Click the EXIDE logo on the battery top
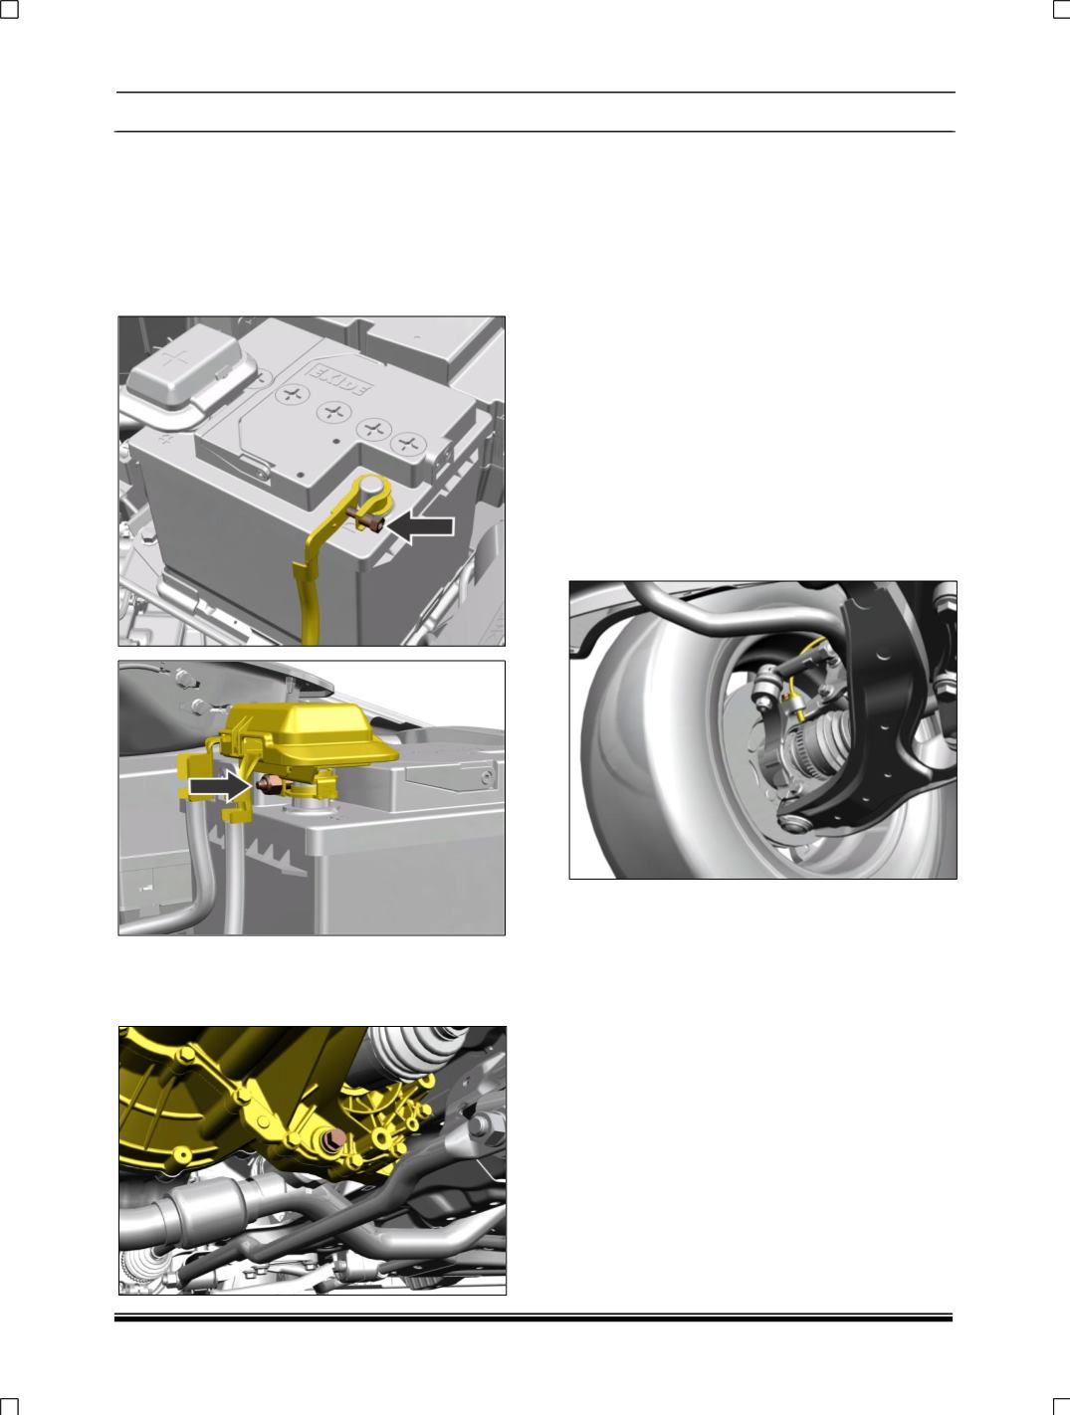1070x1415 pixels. (x=339, y=381)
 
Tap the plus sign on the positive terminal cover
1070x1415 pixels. (x=174, y=357)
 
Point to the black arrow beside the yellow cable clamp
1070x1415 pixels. (x=422, y=526)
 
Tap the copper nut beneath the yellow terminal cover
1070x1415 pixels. (x=271, y=786)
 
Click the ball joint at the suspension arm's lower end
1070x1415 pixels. (x=792, y=823)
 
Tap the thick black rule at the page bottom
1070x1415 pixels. (x=534, y=1318)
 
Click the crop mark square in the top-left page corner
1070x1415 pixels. (x=9, y=9)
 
